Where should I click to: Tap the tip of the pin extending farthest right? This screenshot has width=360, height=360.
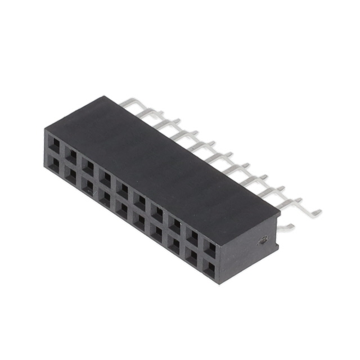(318, 213)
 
